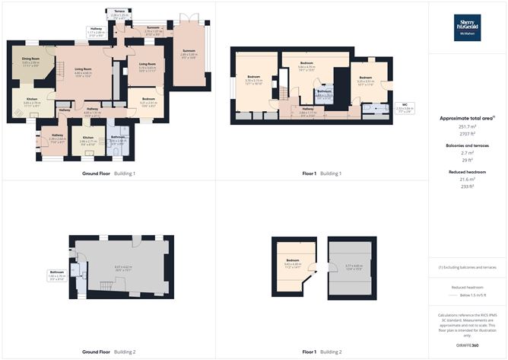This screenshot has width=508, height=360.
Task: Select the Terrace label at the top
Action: click(119, 11)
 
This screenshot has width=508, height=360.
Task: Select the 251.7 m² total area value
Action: click(467, 127)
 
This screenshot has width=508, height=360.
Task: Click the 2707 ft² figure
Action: click(467, 135)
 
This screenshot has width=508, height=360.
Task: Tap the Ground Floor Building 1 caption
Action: click(109, 173)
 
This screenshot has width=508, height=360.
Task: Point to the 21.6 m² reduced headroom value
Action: click(467, 179)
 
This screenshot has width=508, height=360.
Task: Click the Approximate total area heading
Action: click(467, 118)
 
